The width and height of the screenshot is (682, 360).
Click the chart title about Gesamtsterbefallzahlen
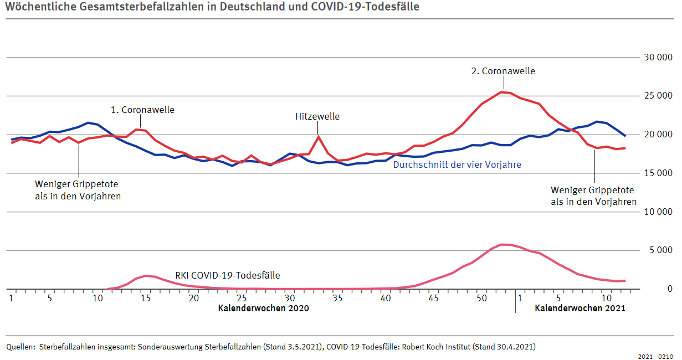pyautogui.click(x=211, y=7)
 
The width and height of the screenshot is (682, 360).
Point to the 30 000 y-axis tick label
pyautogui.click(x=658, y=57)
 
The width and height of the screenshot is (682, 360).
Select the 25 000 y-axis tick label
pyautogui.click(x=658, y=96)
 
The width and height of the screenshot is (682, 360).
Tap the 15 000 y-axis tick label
pyautogui.click(x=658, y=173)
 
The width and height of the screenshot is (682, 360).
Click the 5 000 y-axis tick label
pyautogui.click(x=660, y=250)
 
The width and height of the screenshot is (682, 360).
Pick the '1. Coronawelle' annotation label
pyautogui.click(x=142, y=110)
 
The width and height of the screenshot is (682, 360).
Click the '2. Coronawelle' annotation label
pyautogui.click(x=503, y=71)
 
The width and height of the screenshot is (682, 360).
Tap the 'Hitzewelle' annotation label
pyautogui.click(x=317, y=116)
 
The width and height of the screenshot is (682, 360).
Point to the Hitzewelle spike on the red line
pyautogui.click(x=319, y=136)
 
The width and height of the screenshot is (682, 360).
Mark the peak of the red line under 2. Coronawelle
pyautogui.click(x=501, y=92)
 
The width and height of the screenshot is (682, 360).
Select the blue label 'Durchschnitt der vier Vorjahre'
pyautogui.click(x=457, y=164)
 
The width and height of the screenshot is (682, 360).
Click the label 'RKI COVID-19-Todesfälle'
pyautogui.click(x=228, y=275)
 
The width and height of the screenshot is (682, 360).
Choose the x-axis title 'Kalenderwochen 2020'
pyautogui.click(x=263, y=308)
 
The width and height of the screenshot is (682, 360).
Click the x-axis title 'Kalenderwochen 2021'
pyautogui.click(x=580, y=308)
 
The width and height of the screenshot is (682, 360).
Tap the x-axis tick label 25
pyautogui.click(x=242, y=298)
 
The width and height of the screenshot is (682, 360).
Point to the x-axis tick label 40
pyautogui.click(x=386, y=298)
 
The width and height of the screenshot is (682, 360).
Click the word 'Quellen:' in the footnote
pyautogui.click(x=20, y=347)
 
